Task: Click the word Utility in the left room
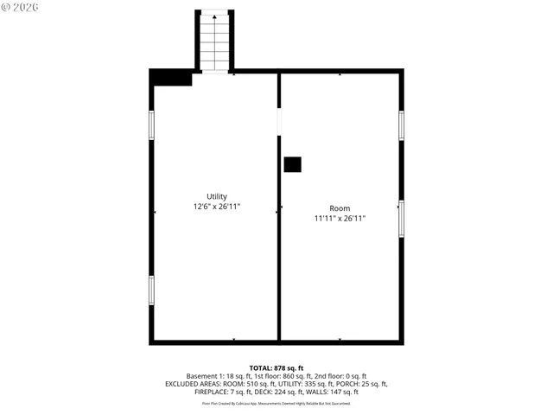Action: point(216,196)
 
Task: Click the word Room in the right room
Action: point(340,207)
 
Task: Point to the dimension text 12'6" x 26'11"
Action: point(216,207)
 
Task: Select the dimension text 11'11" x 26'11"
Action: point(340,219)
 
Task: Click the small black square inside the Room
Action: point(293,164)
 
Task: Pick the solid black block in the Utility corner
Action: point(171,78)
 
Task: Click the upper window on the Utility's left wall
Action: point(152,125)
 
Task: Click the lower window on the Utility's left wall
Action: point(152,289)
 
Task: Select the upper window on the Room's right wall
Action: point(401,125)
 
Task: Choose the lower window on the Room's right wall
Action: point(401,218)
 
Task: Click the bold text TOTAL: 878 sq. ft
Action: point(276,367)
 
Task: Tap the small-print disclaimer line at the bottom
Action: point(276,403)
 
